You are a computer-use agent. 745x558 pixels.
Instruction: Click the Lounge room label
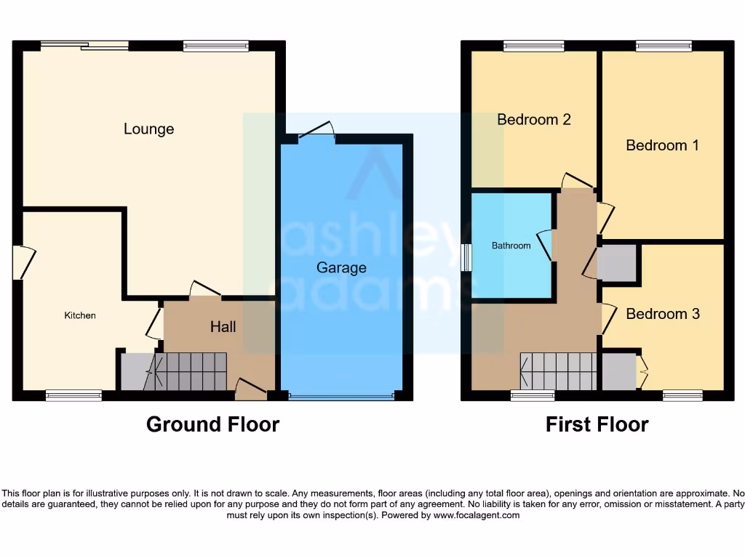[148, 129]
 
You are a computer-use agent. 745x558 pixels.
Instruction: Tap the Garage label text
[341, 267]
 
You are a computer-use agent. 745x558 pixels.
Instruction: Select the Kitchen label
[80, 315]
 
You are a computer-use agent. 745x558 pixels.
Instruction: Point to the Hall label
[223, 327]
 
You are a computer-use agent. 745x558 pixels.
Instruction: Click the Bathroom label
[511, 246]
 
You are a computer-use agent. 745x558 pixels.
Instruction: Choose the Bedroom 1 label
[662, 145]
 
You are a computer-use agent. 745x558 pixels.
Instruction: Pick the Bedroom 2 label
[533, 119]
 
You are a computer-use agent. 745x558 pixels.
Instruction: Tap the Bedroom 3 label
[663, 314]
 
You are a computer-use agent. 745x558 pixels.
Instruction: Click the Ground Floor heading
[212, 424]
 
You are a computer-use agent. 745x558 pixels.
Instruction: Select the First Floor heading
[597, 424]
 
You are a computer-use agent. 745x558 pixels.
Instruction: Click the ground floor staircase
[190, 371]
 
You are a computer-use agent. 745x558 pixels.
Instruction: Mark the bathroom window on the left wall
[466, 257]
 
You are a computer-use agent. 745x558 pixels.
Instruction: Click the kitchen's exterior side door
[21, 264]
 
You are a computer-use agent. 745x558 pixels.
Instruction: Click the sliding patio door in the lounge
[84, 46]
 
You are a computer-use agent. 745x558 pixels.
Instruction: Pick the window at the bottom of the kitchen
[73, 396]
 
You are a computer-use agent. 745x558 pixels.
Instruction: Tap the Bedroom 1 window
[664, 46]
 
